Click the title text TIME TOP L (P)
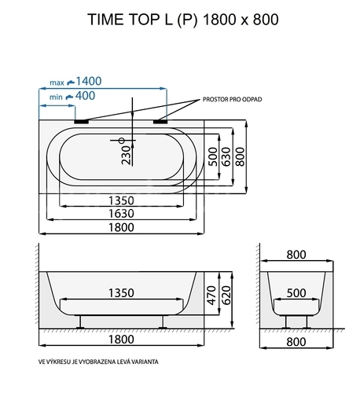point(142,20)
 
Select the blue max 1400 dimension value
point(89,81)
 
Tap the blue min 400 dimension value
point(85,96)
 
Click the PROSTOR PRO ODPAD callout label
point(233,99)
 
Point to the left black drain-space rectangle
point(82,122)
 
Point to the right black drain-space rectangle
point(160,122)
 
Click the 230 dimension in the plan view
point(127,155)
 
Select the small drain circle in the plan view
point(122,141)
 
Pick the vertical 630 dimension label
point(226,156)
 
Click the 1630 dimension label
point(121,214)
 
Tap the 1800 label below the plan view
point(121,227)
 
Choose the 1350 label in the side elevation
point(121,293)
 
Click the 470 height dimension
point(211,296)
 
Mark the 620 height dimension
point(226,296)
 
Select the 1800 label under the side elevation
point(121,340)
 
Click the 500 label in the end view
point(296,293)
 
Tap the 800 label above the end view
point(296,255)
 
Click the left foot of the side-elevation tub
point(80,322)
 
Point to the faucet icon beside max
point(71,83)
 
